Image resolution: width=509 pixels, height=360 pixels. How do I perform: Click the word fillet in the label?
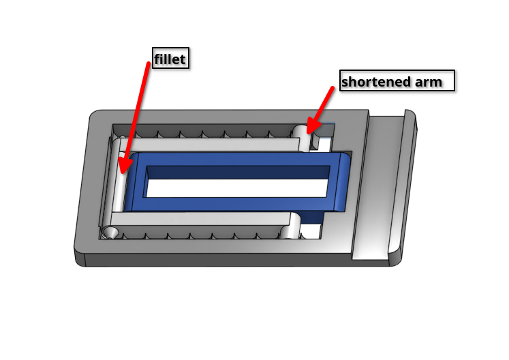coord(170,59)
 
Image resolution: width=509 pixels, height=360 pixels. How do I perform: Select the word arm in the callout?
coord(429,82)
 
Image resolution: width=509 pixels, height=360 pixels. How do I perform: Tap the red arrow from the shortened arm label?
coord(320,110)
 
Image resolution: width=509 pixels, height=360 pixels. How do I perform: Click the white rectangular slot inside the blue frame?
coord(237,187)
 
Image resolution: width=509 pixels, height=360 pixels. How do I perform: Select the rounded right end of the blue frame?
coord(343,182)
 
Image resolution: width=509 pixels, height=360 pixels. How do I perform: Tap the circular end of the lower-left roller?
coord(110,232)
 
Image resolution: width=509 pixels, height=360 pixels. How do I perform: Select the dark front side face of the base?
coord(234,260)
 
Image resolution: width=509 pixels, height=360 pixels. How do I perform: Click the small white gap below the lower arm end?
coord(310,231)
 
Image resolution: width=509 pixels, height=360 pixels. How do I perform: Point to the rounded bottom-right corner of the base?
coord(397,259)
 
